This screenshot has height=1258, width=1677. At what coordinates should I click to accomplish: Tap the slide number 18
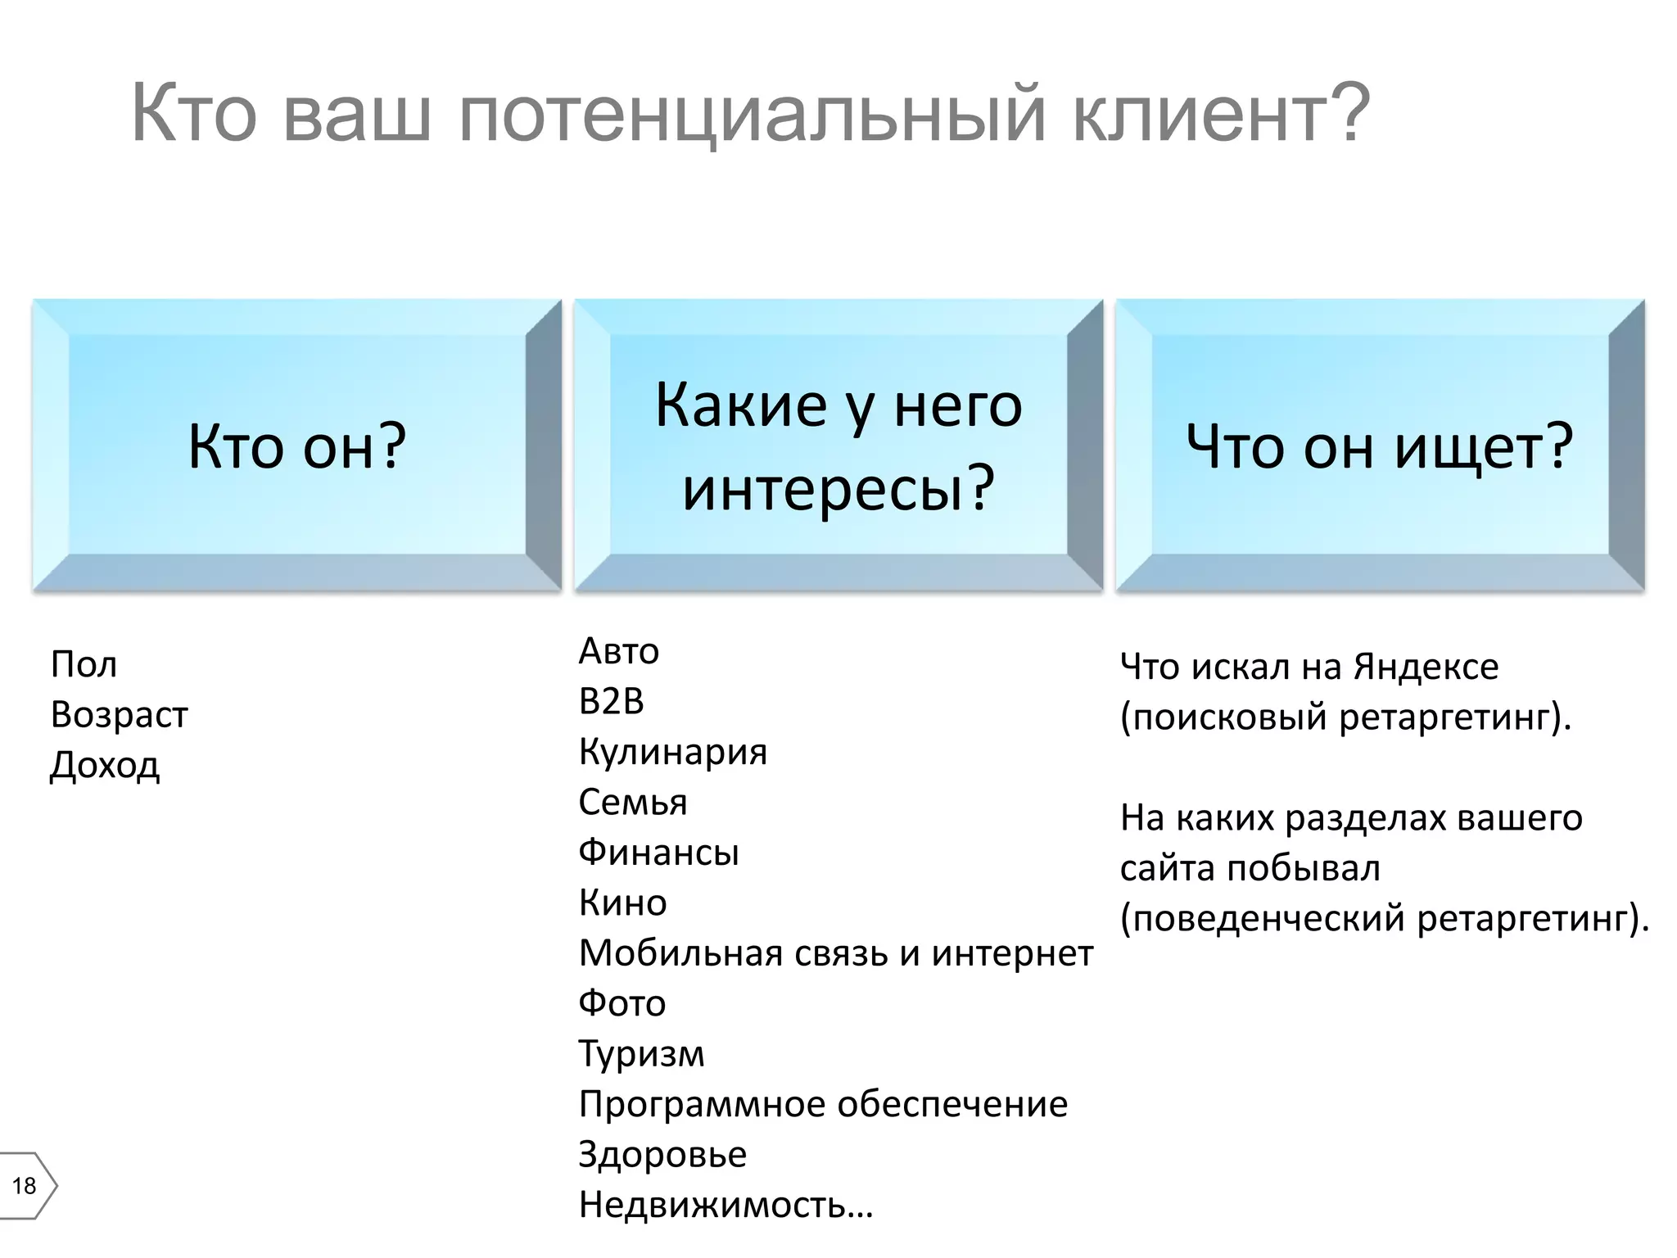click(x=25, y=1185)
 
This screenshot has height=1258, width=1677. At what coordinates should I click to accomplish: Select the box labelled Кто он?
click(x=297, y=446)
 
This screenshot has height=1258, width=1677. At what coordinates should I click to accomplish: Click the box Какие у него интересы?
click(x=838, y=446)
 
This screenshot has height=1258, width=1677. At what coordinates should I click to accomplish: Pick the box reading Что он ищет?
click(x=1380, y=446)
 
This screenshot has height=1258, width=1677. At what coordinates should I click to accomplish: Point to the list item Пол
click(x=84, y=664)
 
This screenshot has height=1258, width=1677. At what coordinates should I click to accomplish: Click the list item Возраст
click(x=119, y=714)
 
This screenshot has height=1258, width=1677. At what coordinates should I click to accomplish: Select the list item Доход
click(x=105, y=766)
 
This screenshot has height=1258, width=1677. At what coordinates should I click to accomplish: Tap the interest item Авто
click(x=618, y=651)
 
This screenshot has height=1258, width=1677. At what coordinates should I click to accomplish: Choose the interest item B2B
click(x=612, y=701)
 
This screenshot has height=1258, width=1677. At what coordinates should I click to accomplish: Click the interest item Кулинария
click(x=673, y=752)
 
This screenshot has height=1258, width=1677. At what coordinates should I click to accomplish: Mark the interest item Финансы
click(x=658, y=853)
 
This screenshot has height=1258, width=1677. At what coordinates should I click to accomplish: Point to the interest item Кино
click(x=622, y=903)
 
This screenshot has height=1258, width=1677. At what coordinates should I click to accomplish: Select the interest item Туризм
click(x=641, y=1054)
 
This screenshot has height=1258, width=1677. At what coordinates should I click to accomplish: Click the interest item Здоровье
click(x=662, y=1155)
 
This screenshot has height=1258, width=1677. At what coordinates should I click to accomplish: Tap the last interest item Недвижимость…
click(x=725, y=1205)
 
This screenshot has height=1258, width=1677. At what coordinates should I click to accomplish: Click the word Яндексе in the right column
click(x=1426, y=667)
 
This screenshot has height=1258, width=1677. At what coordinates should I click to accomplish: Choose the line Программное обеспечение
click(x=823, y=1104)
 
